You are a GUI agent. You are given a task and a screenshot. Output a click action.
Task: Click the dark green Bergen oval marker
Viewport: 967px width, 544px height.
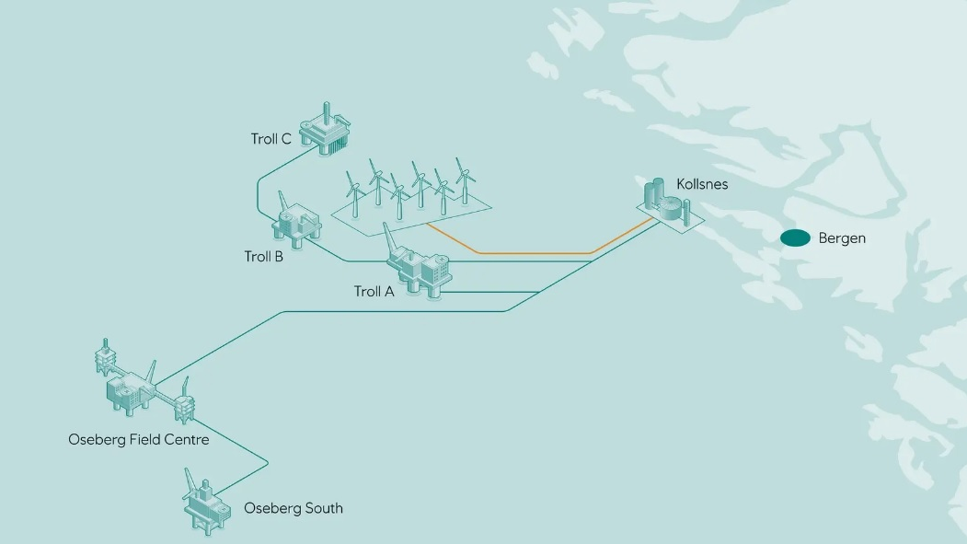(795, 238)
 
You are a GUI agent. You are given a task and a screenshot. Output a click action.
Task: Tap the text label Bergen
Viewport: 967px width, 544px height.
(842, 238)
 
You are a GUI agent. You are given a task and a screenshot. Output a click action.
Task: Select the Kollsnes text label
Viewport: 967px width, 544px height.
(702, 184)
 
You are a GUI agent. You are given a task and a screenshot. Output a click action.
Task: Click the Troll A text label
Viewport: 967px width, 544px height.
(374, 292)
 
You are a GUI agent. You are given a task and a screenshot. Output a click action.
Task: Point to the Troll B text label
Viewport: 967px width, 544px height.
(263, 257)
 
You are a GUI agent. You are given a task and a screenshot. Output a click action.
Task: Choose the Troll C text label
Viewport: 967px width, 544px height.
(271, 139)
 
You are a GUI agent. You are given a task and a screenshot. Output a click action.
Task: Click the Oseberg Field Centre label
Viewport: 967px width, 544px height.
(139, 439)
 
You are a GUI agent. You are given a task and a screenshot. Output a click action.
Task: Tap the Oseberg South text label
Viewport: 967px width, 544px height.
(293, 508)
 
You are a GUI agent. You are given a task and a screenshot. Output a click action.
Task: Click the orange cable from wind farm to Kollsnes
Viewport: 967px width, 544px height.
(534, 252)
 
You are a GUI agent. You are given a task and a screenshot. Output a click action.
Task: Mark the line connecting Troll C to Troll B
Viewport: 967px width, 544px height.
(257, 193)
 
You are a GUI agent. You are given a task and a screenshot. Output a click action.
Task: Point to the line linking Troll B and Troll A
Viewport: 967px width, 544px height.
(345, 259)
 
